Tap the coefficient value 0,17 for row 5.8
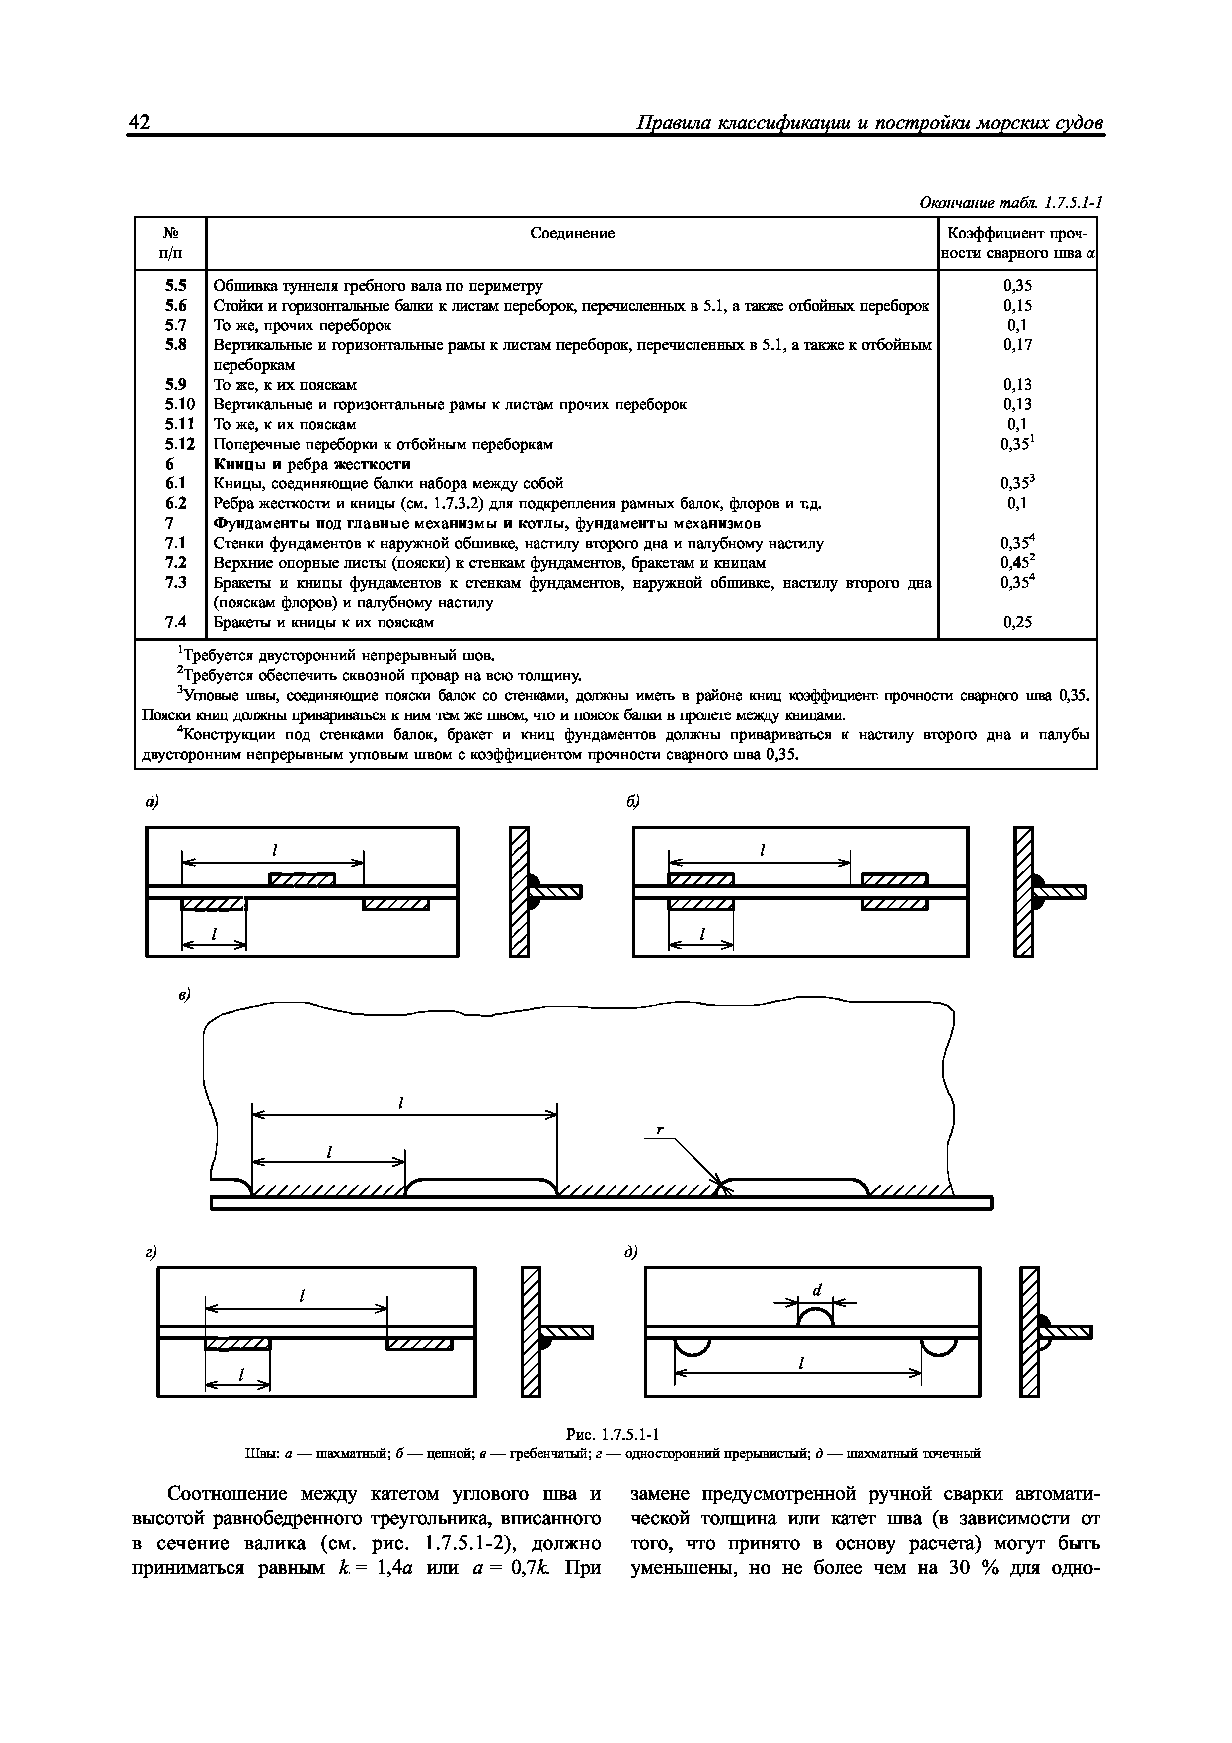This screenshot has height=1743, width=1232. click(x=1017, y=345)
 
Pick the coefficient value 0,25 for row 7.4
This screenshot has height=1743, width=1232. click(x=1017, y=623)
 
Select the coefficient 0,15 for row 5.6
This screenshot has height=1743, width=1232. click(x=1017, y=305)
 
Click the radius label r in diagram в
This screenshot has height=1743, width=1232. click(x=660, y=1130)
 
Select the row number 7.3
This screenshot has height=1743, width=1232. click(x=176, y=582)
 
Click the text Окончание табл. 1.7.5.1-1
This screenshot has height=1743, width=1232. click(x=1009, y=203)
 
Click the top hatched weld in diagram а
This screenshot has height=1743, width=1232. click(x=302, y=880)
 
